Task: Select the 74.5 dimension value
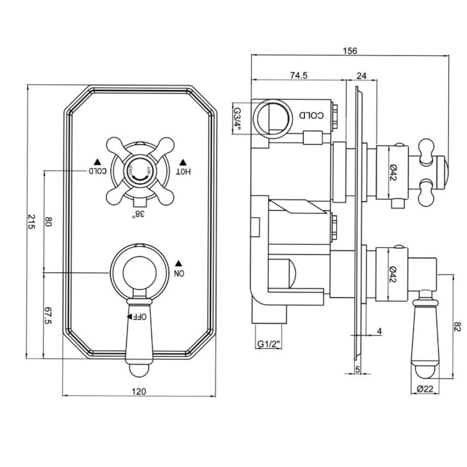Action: point(300,75)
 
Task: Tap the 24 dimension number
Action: point(361,75)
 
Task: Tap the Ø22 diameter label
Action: point(425,389)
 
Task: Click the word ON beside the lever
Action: point(179,273)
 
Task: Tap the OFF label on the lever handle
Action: point(139,316)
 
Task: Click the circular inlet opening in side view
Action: point(273,115)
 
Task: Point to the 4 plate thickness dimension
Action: point(379,331)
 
